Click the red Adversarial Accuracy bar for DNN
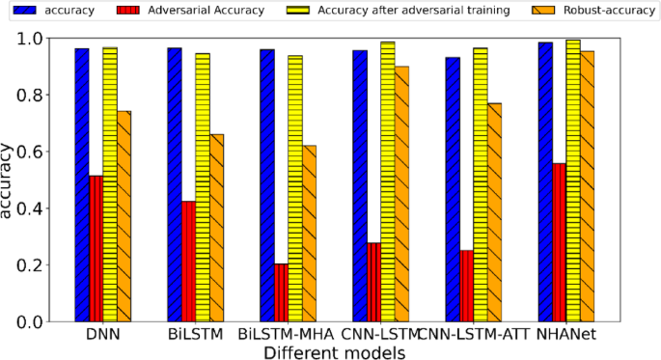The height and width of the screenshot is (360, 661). (x=96, y=248)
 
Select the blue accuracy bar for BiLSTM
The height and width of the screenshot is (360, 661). (x=175, y=184)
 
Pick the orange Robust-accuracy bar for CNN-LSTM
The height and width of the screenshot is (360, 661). (x=401, y=193)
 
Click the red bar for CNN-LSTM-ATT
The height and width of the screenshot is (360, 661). (x=466, y=285)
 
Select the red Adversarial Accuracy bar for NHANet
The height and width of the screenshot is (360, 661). (x=559, y=241)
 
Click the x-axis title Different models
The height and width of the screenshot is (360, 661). (x=334, y=351)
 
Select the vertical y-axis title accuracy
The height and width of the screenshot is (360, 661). (x=10, y=180)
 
